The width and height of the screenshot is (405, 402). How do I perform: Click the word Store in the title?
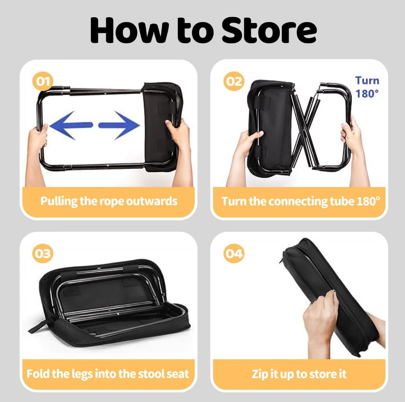point(269,31)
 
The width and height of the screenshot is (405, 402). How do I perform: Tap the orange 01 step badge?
point(42,81)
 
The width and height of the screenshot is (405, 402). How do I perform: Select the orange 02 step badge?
point(234,81)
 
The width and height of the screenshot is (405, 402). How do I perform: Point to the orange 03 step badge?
point(42,253)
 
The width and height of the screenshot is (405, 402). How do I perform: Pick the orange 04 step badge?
point(234,253)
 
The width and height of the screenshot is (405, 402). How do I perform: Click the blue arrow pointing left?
point(71,125)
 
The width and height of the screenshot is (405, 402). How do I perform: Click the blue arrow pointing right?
point(119,125)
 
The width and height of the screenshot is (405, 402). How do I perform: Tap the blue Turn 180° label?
point(367,87)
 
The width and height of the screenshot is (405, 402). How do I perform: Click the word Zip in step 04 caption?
point(259,374)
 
